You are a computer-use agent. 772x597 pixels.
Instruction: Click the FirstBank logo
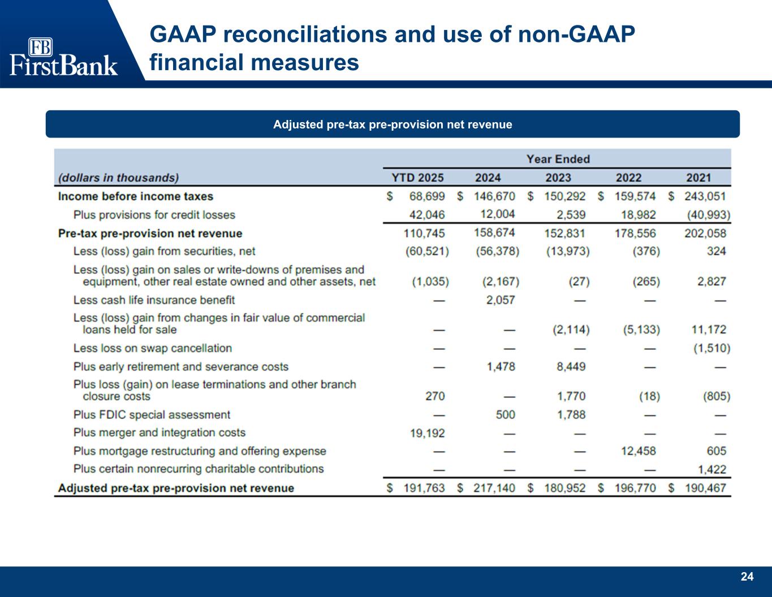(63, 57)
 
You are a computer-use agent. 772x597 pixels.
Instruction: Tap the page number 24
(747, 577)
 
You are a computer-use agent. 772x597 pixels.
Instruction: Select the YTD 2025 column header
(418, 178)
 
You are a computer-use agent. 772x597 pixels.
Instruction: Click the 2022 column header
(628, 178)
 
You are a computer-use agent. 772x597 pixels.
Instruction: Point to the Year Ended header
(558, 159)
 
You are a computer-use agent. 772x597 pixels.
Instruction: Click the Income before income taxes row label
(136, 196)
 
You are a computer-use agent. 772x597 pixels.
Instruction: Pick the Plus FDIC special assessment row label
(152, 415)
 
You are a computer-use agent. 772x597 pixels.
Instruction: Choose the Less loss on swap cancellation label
(152, 348)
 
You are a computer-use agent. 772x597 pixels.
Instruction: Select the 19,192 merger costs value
(427, 433)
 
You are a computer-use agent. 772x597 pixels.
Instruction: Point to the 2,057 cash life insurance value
(501, 300)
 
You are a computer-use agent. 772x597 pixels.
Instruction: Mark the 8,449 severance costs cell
(571, 367)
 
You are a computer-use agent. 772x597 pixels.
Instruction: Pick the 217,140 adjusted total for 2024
(494, 488)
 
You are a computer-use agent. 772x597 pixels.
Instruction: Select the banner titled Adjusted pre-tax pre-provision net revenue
(393, 124)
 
